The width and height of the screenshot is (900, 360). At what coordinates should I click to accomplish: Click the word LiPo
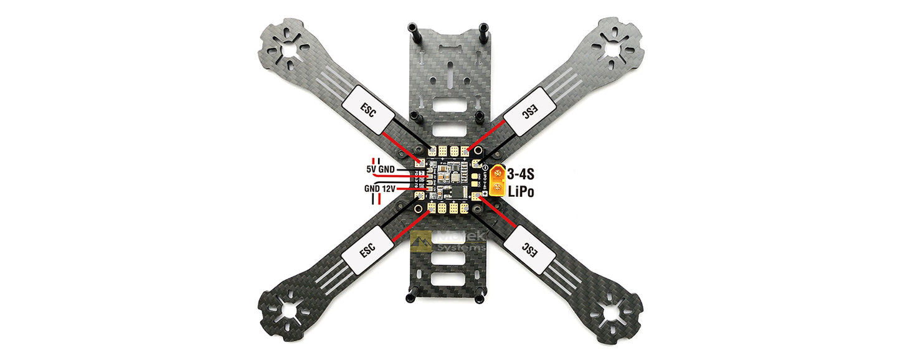[x=521, y=192]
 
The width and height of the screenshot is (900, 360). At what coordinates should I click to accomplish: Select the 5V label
[x=372, y=169]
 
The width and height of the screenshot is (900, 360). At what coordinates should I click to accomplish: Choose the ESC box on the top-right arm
[x=529, y=111]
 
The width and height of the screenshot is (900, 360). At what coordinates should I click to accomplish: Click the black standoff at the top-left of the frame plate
[x=412, y=29]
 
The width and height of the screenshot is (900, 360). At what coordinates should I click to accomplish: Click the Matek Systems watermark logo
[x=448, y=240]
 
